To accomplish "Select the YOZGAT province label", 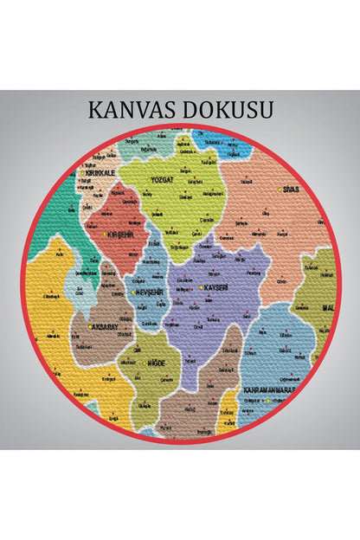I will point(162,181).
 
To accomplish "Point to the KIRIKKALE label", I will point(99,172).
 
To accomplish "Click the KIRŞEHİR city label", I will point(120,235).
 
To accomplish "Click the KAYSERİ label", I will point(217,286).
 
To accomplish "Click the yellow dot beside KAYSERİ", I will point(201,287).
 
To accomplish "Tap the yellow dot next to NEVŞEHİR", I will point(132,292).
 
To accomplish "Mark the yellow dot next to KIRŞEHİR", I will point(105,235).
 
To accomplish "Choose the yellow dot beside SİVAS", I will point(280,190).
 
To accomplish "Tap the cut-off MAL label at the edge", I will point(328,307).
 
